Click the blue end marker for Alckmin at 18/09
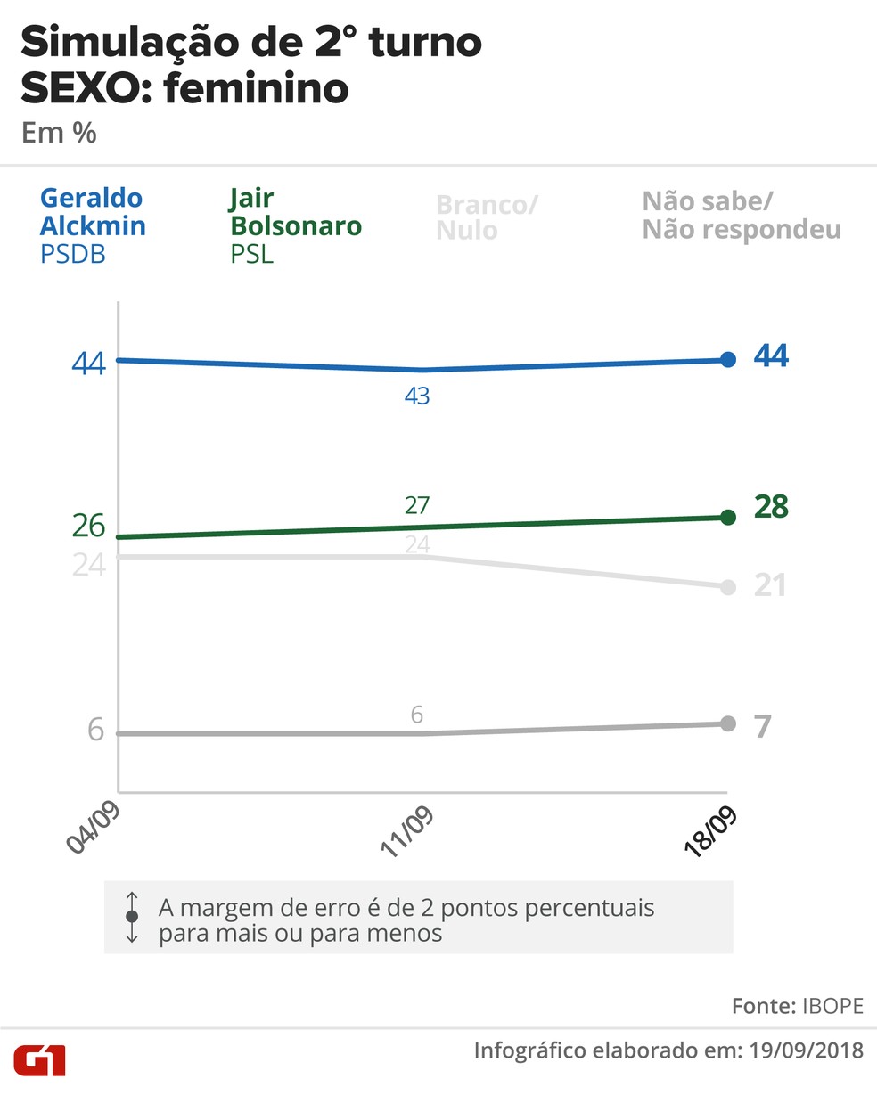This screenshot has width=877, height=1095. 728,360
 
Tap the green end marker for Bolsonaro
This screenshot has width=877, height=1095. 728,518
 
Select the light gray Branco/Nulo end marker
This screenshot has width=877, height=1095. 728,587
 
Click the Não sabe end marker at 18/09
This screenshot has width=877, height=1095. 728,723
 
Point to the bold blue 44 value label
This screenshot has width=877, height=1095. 771,356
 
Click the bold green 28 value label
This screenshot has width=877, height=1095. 771,507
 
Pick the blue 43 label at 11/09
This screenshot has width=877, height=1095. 417,396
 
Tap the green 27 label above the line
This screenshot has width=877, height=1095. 417,505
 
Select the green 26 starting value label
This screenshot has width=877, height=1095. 89,526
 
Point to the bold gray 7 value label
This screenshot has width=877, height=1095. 763,727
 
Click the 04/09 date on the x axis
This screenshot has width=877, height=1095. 94,827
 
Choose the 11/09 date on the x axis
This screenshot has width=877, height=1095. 407,832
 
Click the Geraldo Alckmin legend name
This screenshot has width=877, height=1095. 92,212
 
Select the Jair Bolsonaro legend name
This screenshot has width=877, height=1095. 296,212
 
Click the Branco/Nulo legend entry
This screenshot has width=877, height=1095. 487,217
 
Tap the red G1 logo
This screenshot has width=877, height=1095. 40,1061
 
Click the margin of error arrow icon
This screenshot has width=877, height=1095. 132,917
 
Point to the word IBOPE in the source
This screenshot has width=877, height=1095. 833,1006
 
